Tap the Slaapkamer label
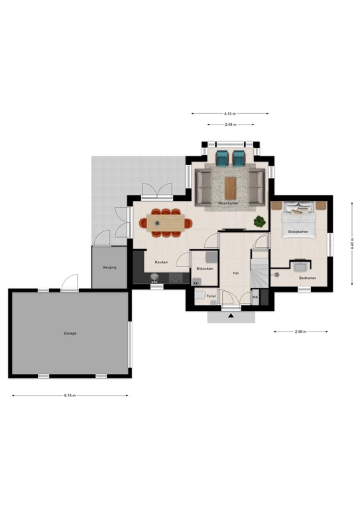[x=297, y=232]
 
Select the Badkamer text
[x=307, y=278]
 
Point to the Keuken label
[x=161, y=262]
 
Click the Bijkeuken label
[x=204, y=268]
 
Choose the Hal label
[x=235, y=272]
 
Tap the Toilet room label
[x=211, y=296]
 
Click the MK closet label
[x=255, y=297]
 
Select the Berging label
[x=109, y=268]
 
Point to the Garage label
[x=70, y=333]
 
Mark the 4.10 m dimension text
[x=230, y=113]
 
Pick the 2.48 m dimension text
[x=230, y=125]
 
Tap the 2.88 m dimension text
[x=300, y=331]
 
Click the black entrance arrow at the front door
[x=231, y=316]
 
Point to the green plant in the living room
[x=259, y=221]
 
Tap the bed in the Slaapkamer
[x=299, y=213]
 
